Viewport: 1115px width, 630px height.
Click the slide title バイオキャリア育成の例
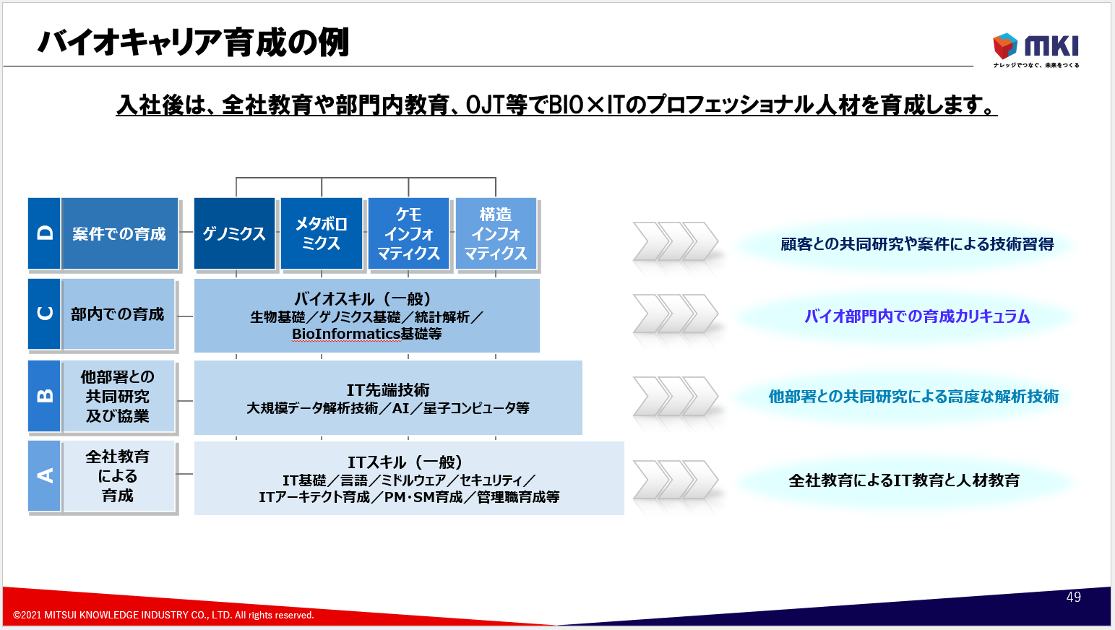(x=193, y=43)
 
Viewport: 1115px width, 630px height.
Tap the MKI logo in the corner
(x=1036, y=48)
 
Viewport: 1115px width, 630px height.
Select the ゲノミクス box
(x=234, y=234)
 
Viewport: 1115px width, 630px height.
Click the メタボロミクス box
(x=322, y=234)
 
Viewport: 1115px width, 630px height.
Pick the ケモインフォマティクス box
(x=408, y=234)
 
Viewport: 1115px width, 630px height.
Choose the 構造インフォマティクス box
(x=496, y=234)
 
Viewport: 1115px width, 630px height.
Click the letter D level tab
(x=44, y=233)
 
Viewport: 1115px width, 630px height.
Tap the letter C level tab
(x=44, y=314)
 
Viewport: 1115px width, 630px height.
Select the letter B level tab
(x=44, y=396)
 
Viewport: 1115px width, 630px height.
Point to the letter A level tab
(x=44, y=476)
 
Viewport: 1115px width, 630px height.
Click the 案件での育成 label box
(x=119, y=234)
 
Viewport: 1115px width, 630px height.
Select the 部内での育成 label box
(x=118, y=314)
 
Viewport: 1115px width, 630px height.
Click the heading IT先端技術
(x=388, y=390)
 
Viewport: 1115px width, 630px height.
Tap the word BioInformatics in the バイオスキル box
(x=345, y=334)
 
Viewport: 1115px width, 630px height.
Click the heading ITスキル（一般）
(x=405, y=462)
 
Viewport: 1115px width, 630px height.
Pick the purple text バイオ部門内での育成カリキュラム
(x=917, y=316)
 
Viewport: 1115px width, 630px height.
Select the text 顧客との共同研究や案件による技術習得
(x=917, y=244)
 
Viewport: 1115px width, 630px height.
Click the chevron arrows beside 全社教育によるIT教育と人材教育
(x=676, y=480)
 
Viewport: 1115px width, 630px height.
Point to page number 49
(x=1073, y=597)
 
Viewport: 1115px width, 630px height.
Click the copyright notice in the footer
(x=163, y=616)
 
